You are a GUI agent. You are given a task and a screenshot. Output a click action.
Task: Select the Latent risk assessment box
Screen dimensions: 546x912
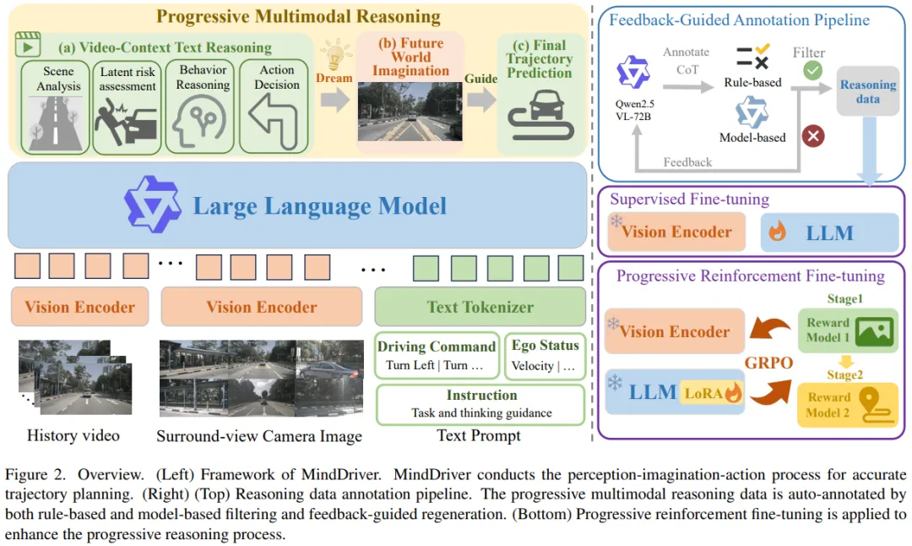128,106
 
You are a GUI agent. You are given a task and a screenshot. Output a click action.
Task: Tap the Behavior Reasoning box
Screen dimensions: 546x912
203,106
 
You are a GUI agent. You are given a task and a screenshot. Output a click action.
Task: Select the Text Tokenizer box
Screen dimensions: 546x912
480,307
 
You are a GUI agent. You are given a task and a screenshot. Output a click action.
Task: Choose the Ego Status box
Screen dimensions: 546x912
546,355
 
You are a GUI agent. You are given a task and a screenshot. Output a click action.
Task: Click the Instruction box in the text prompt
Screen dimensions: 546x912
480,404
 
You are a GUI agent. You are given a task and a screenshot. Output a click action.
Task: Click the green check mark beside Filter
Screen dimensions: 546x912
812,71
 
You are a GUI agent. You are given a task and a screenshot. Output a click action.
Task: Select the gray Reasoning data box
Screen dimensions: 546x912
867,91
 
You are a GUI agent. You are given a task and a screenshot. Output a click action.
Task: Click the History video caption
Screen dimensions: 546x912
73,436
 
